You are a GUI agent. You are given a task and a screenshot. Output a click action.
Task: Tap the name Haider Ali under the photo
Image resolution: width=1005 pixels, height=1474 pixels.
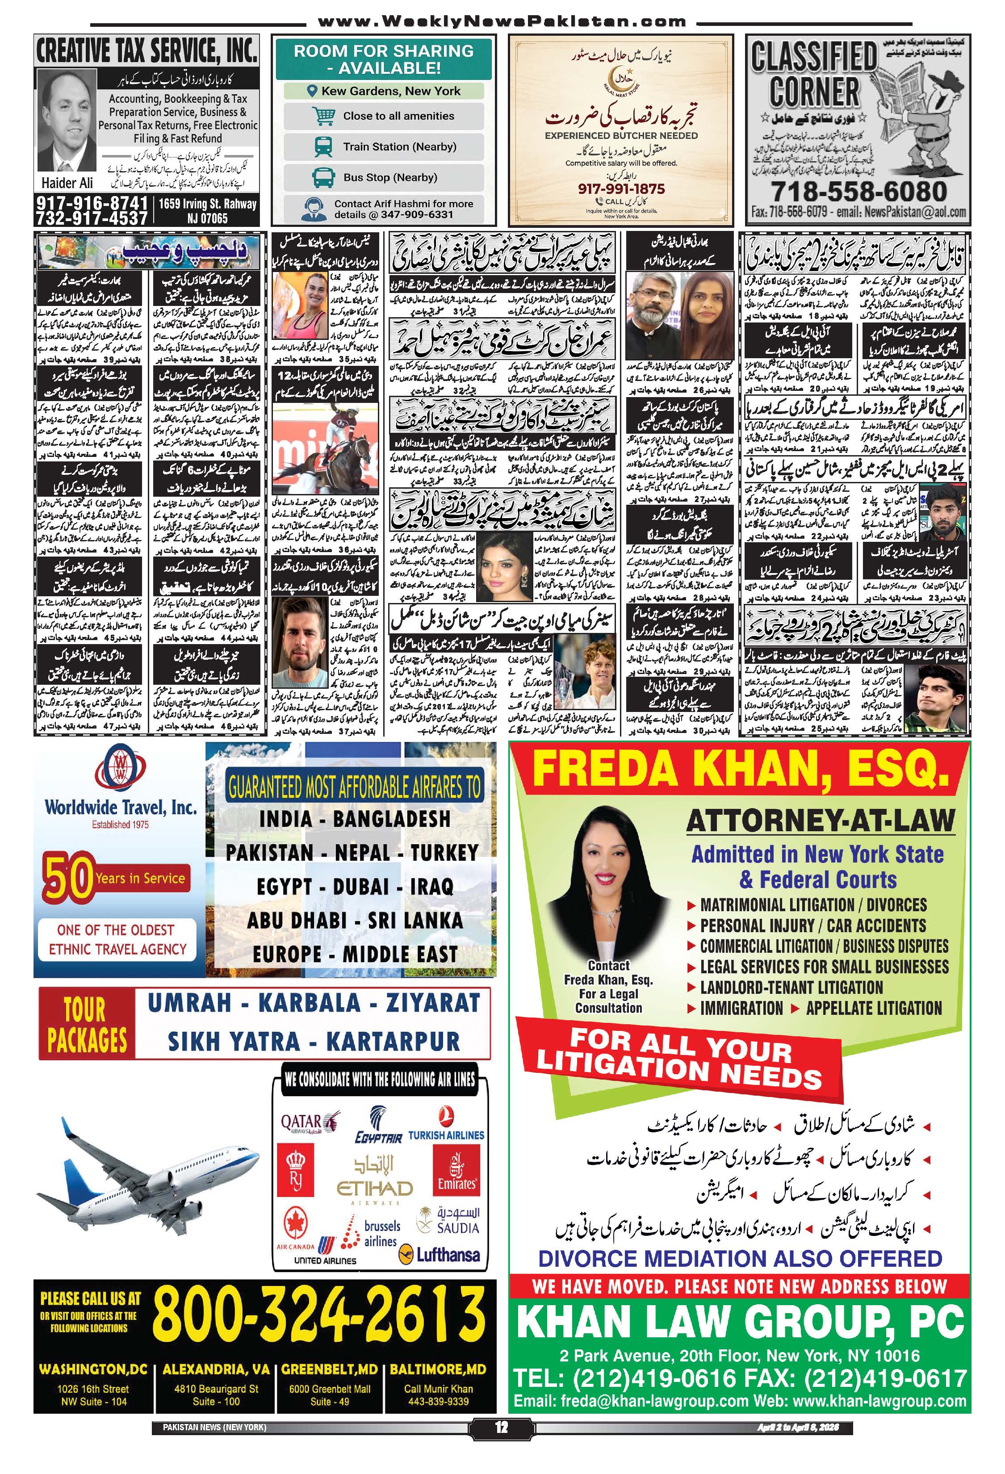pyautogui.click(x=67, y=183)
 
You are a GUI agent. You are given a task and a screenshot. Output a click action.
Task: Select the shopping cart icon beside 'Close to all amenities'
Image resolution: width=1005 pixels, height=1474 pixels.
pyautogui.click(x=324, y=116)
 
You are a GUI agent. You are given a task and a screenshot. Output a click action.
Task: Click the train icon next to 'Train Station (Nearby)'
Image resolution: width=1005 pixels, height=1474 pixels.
pyautogui.click(x=323, y=147)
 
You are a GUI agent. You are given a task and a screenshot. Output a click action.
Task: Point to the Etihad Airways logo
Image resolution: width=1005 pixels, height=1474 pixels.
pyautogui.click(x=374, y=1178)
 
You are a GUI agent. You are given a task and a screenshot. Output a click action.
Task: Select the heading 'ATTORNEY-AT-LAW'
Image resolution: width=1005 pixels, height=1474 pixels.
pyautogui.click(x=820, y=821)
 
